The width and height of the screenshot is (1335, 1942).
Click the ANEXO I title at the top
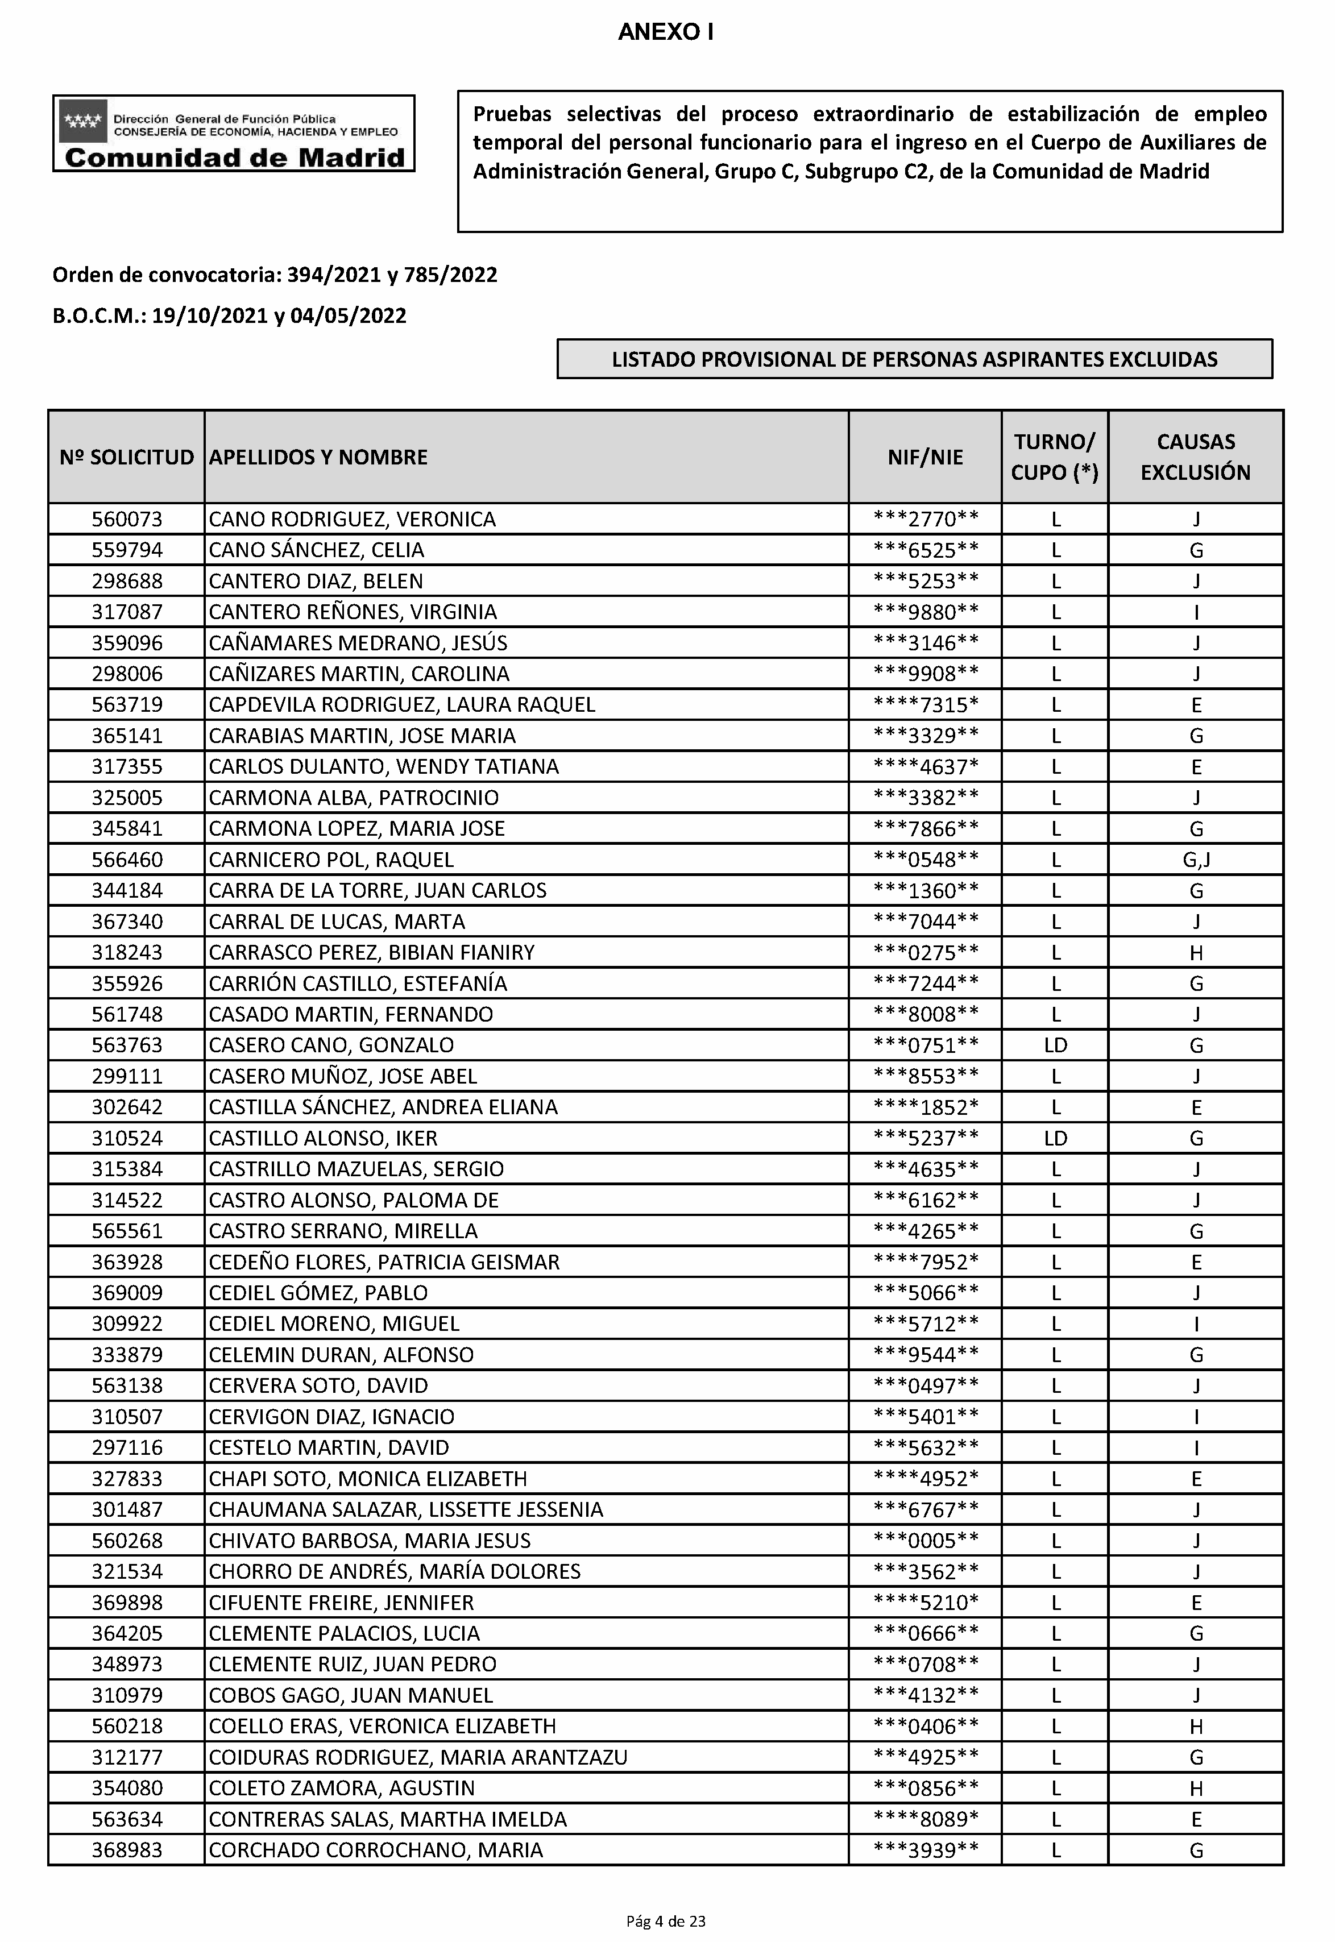tap(665, 32)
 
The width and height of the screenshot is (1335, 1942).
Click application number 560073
tap(127, 520)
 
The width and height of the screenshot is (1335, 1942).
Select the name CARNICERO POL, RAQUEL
tap(331, 860)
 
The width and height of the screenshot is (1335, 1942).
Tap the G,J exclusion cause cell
tap(1196, 860)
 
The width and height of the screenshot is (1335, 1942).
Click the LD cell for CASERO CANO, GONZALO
tap(1056, 1045)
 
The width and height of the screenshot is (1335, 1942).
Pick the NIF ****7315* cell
tap(925, 705)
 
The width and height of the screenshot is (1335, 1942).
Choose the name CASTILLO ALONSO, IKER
tap(323, 1138)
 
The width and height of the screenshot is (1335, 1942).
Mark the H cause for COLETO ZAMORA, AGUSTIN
tap(1196, 1788)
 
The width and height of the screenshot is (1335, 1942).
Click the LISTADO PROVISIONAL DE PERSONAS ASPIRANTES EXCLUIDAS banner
tap(914, 360)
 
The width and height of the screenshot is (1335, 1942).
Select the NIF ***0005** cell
tap(925, 1541)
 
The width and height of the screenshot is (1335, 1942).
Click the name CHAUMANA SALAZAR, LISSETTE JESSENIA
tap(406, 1509)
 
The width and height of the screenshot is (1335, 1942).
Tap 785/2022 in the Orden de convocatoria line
tap(450, 275)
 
